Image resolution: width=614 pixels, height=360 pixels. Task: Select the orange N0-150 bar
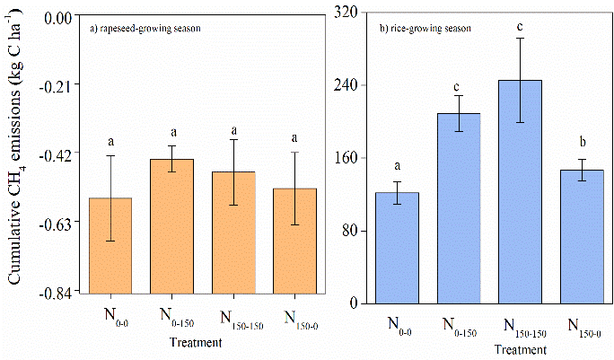[171, 225]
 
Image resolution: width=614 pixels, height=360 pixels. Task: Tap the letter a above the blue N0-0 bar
[397, 165]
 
